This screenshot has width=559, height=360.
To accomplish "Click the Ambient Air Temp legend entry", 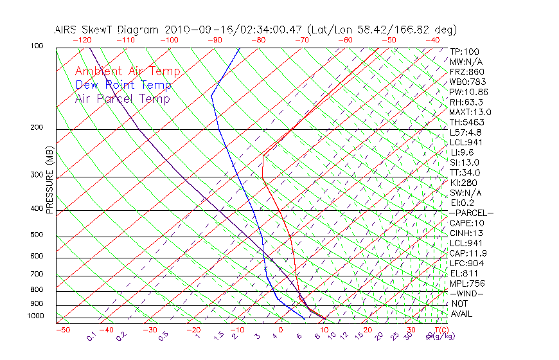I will click(x=127, y=71).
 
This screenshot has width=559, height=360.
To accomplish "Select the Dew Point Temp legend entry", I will click(x=123, y=85).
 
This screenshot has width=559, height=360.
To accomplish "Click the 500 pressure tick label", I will click(x=37, y=235).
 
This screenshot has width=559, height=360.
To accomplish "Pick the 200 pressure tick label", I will click(x=37, y=128).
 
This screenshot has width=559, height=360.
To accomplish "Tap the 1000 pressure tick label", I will click(x=36, y=316).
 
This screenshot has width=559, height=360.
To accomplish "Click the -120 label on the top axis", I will click(x=82, y=39).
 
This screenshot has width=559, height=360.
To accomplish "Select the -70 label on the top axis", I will click(x=301, y=39).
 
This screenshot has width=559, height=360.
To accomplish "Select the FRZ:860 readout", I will click(x=467, y=72).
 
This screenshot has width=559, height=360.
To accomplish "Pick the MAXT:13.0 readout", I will click(x=470, y=112).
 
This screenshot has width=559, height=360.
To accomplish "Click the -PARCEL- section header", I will click(x=471, y=213).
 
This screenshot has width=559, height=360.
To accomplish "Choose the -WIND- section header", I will click(x=466, y=293).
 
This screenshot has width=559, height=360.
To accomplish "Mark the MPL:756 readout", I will click(x=467, y=283).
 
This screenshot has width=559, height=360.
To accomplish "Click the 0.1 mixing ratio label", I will click(x=92, y=336).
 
